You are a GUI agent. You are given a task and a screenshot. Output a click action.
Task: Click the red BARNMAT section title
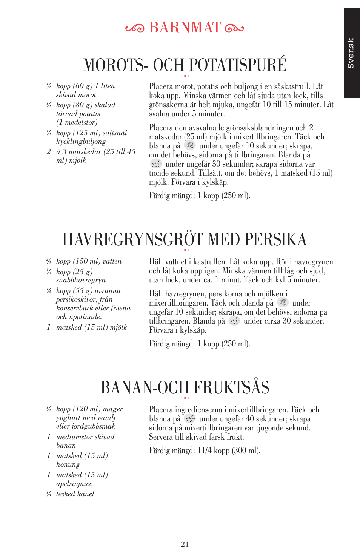[185, 28]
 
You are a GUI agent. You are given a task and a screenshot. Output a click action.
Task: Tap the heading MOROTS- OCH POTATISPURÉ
[185, 65]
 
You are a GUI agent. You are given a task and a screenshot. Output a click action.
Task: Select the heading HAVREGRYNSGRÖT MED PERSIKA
[185, 240]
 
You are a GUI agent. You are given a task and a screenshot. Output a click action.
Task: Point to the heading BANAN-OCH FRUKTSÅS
[185, 388]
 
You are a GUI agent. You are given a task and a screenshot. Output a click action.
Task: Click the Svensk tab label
[351, 53]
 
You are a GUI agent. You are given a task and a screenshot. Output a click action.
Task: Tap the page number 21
[185, 544]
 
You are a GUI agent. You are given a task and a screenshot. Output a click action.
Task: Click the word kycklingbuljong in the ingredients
[81, 142]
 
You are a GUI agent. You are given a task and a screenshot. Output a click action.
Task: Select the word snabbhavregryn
[81, 280]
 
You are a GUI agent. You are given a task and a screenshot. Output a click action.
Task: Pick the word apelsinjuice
[74, 484]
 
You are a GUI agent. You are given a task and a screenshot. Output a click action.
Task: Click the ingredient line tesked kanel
[75, 494]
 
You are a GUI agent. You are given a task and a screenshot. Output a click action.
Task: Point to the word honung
[68, 464]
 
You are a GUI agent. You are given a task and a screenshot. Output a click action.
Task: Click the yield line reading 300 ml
[205, 451]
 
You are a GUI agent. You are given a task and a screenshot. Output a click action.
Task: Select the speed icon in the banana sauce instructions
[190, 418]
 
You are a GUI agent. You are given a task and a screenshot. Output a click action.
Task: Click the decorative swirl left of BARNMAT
[135, 28]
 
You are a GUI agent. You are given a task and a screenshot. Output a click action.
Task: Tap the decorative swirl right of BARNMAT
[234, 28]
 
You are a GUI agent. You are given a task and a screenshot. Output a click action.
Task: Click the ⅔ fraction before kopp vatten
[49, 261]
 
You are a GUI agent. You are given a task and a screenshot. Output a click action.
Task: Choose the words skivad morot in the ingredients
[76, 95]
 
